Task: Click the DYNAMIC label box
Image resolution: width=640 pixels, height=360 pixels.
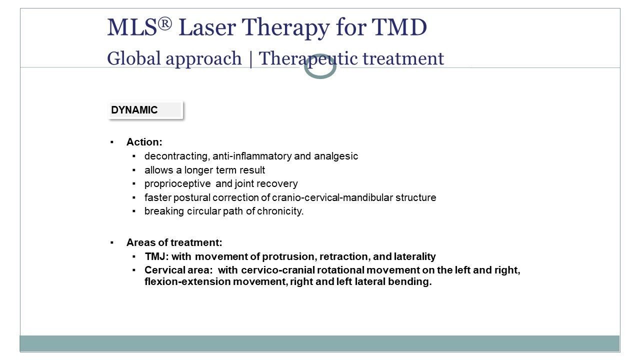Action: pos(145,110)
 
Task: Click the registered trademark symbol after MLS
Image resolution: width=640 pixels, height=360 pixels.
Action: pos(165,23)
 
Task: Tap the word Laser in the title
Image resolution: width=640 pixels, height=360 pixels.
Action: pos(207,27)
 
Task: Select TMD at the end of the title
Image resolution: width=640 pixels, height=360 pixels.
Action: pos(399,27)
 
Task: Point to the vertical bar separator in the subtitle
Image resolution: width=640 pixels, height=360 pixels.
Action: pos(250,59)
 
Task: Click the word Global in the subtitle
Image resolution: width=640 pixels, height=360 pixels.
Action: pos(133,58)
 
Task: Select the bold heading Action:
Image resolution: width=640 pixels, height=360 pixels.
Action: pos(144,142)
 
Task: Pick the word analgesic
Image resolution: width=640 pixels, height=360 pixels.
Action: pos(336,156)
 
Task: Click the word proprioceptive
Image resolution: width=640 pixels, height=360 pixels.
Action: pos(177,183)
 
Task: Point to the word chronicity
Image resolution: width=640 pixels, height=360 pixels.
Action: pos(280,211)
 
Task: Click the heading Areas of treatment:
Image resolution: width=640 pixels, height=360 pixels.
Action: pos(174,242)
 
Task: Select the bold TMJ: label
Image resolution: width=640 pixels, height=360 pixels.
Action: pos(157,256)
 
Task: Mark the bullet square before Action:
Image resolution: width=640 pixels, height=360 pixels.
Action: pos(111,142)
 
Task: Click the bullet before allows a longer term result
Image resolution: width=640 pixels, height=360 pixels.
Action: pos(134,170)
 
